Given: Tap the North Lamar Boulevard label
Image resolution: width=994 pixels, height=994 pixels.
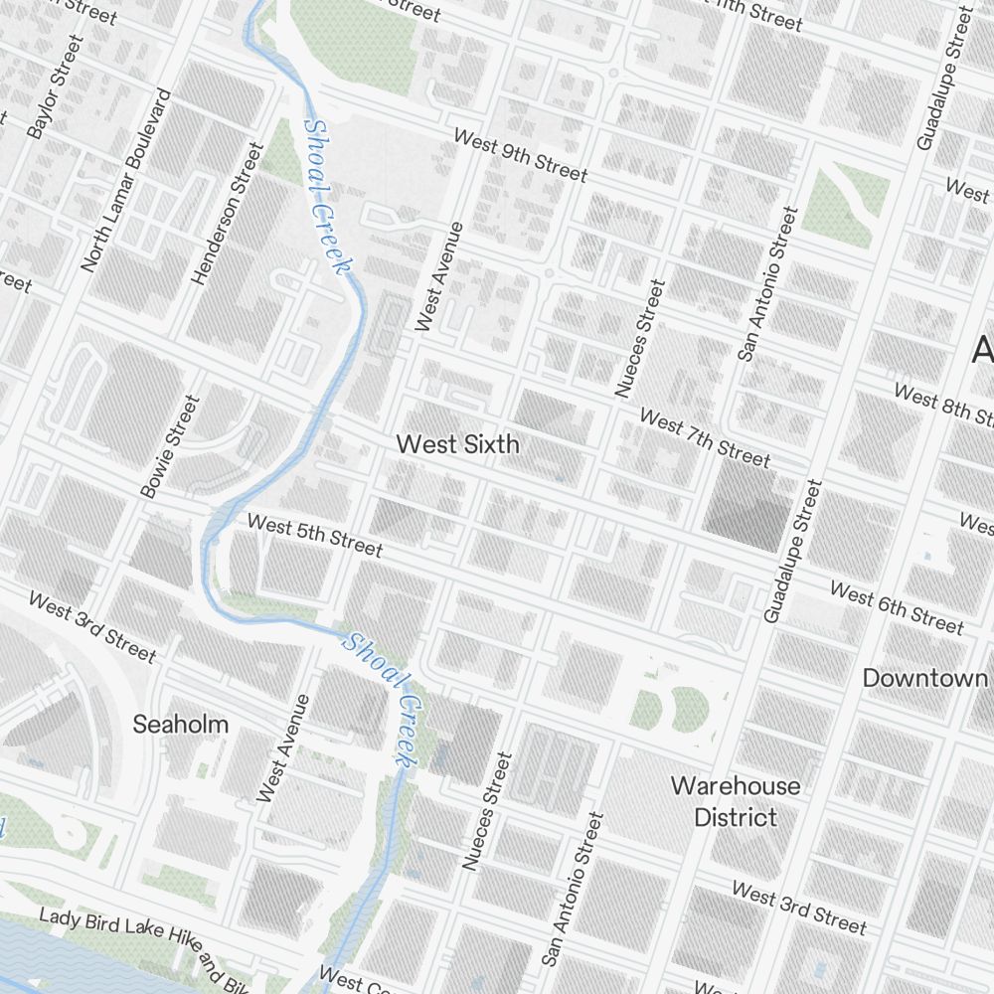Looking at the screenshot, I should pyautogui.click(x=127, y=181).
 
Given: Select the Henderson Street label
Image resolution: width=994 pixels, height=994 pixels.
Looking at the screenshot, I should pyautogui.click(x=229, y=214).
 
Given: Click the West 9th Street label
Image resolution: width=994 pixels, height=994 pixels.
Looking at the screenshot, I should pyautogui.click(x=520, y=154).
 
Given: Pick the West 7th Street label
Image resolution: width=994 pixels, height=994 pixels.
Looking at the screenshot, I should pyautogui.click(x=704, y=437).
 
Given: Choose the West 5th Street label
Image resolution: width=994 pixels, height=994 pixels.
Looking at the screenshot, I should pyautogui.click(x=314, y=535).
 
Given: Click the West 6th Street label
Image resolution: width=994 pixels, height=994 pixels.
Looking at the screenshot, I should pyautogui.click(x=897, y=607).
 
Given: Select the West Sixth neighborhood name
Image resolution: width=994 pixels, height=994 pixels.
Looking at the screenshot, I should pyautogui.click(x=457, y=444).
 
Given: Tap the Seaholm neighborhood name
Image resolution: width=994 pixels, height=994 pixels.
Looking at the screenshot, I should pyautogui.click(x=181, y=725).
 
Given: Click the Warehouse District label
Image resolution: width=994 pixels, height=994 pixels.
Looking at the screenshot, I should pyautogui.click(x=736, y=801).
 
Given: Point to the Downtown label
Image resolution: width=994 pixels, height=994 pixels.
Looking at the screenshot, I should pyautogui.click(x=924, y=678).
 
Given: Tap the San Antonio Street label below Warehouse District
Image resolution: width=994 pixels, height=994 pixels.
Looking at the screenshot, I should pyautogui.click(x=572, y=889).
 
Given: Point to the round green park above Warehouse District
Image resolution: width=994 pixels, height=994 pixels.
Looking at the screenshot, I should pyautogui.click(x=688, y=708).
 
